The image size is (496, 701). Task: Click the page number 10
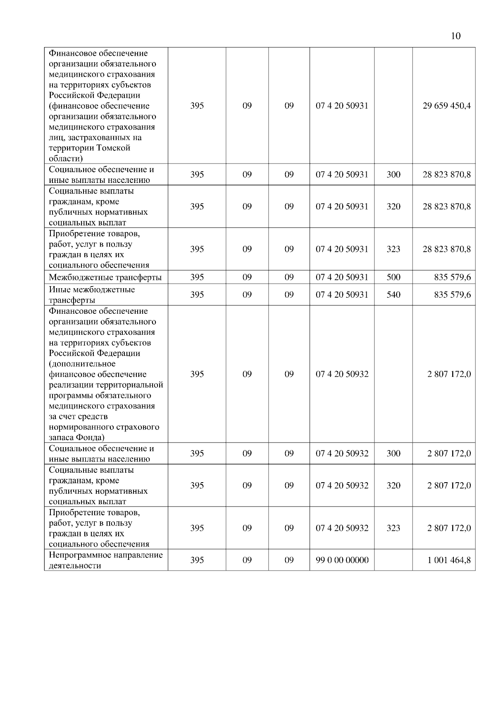(x=455, y=36)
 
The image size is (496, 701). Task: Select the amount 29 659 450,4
(x=446, y=106)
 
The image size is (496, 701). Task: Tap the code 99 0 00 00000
(x=342, y=560)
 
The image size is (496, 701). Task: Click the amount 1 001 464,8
(x=449, y=560)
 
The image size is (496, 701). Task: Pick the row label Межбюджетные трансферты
(x=105, y=277)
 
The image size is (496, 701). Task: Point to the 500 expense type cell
(x=393, y=277)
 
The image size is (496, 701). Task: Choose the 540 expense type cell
(x=393, y=295)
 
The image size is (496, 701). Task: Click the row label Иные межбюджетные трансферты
(x=92, y=295)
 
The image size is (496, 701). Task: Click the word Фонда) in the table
(x=90, y=438)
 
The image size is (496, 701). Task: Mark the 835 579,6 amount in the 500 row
(x=452, y=277)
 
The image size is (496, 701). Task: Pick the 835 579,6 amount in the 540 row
(x=452, y=295)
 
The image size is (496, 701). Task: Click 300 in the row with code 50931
(x=393, y=175)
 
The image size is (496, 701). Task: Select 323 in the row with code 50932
(x=393, y=528)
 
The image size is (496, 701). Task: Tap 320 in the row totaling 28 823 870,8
(x=393, y=206)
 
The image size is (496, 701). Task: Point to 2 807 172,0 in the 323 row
(x=449, y=528)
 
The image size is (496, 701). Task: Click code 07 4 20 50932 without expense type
(x=342, y=374)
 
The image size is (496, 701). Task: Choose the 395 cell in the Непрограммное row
(x=197, y=560)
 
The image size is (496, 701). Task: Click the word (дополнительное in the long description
(x=82, y=364)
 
